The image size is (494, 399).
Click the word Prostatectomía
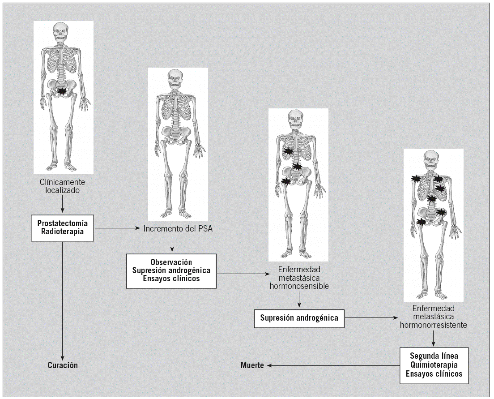pyautogui.click(x=62, y=223)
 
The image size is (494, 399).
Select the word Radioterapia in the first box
pyautogui.click(x=62, y=232)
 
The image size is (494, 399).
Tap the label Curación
pyautogui.click(x=63, y=365)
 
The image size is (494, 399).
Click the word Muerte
pyautogui.click(x=252, y=365)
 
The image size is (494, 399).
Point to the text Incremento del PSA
pyautogui.click(x=178, y=229)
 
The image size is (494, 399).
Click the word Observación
pyautogui.click(x=171, y=262)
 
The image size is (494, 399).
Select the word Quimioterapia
pyautogui.click(x=434, y=365)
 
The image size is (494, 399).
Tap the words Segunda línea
pyautogui.click(x=434, y=356)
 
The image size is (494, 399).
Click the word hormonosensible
pyautogui.click(x=299, y=286)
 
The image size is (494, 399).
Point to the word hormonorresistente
pyautogui.click(x=434, y=325)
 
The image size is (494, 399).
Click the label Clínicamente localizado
pyautogui.click(x=62, y=186)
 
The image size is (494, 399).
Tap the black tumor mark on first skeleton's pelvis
pyautogui.click(x=64, y=91)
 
